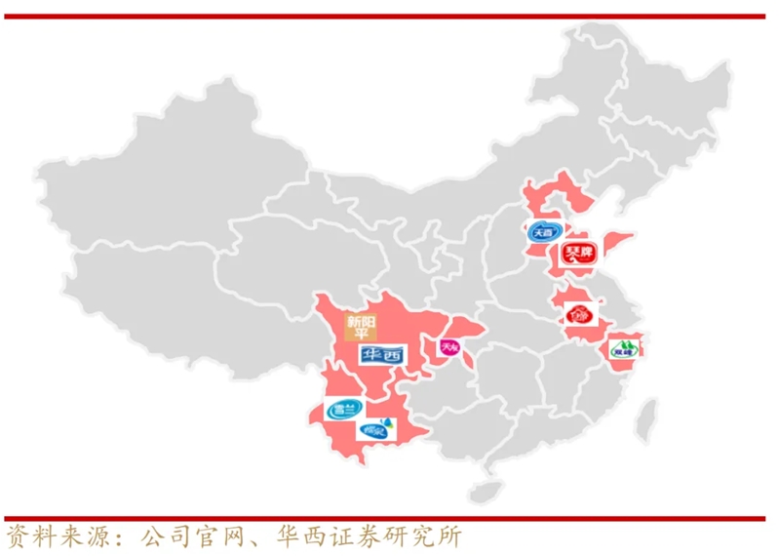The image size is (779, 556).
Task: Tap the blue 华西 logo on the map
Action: coord(381,355)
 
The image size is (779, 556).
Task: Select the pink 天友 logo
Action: coord(448,347)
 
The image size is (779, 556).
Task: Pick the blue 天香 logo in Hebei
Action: coord(541,233)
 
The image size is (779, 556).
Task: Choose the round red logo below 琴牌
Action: coord(577,315)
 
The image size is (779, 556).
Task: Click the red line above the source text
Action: coord(389,518)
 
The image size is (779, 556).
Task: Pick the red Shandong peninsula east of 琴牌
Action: coord(618,244)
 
